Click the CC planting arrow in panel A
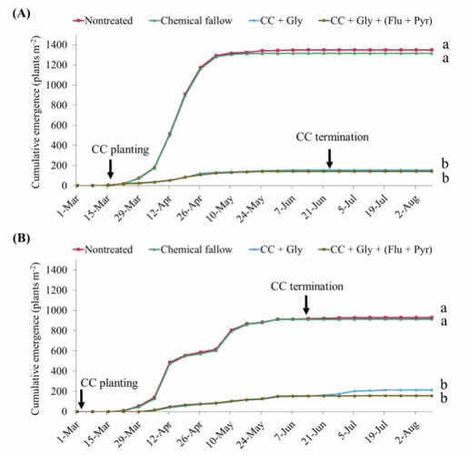(110, 167)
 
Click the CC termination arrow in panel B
(306, 303)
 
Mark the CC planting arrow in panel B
(81, 398)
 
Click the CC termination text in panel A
(333, 136)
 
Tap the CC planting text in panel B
(104, 383)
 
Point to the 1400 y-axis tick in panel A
(57, 45)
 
